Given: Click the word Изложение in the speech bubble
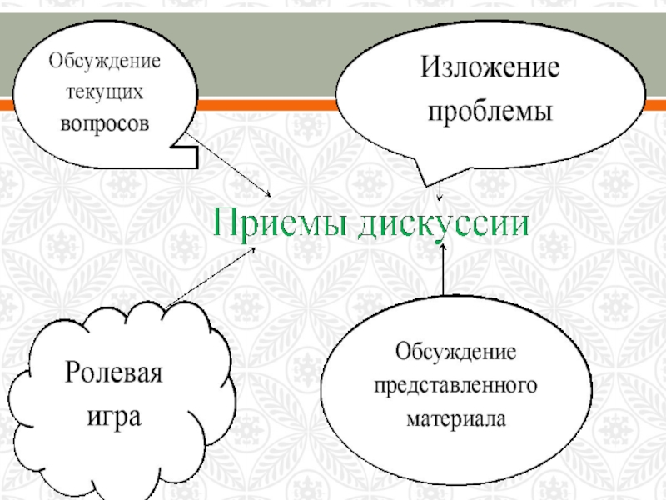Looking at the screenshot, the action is pyautogui.click(x=488, y=68).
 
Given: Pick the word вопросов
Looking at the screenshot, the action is pyautogui.click(x=103, y=122).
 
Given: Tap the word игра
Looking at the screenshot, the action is pyautogui.click(x=114, y=415).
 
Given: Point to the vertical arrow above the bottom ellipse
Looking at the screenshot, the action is pyautogui.click(x=443, y=268).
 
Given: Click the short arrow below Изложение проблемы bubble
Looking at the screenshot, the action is pyautogui.click(x=440, y=192).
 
